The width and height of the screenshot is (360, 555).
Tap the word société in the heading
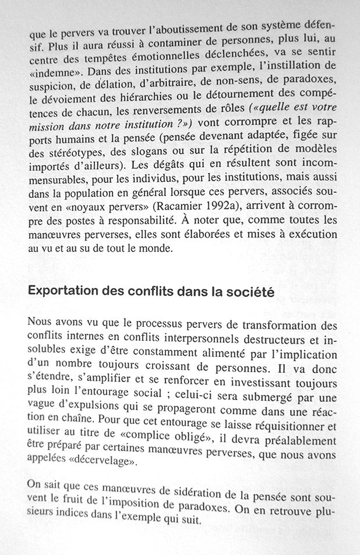coord(251,292)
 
